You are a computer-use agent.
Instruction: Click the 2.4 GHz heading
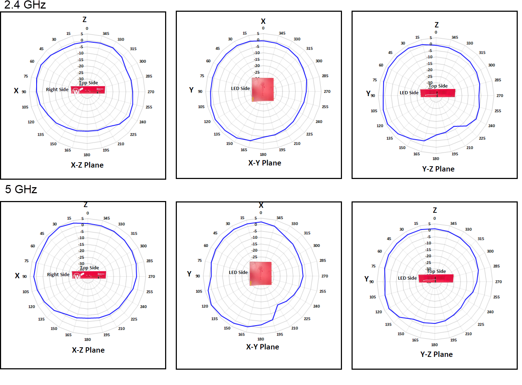pos(25,5)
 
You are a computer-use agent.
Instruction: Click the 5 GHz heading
pos(21,189)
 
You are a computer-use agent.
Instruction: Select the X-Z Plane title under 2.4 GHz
pos(87,165)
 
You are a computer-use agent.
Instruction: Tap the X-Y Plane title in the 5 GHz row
pos(262,347)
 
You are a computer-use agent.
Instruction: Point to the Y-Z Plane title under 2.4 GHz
pos(438,169)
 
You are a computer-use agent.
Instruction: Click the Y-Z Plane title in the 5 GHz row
pos(436,354)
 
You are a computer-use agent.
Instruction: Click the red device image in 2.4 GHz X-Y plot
pos(263,89)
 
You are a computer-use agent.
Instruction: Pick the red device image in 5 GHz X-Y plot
pos(261,273)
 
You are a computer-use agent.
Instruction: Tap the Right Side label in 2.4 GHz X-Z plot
pos(57,90)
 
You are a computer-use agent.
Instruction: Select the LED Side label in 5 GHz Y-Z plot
pos(407,278)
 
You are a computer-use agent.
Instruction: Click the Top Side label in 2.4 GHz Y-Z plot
pos(438,86)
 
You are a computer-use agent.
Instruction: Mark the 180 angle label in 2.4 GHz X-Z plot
pos(87,155)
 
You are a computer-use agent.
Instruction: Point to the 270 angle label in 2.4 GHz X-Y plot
pos(327,92)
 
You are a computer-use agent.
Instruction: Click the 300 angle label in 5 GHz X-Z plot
pos(143,246)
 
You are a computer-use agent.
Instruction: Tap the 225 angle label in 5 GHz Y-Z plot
pos(481,325)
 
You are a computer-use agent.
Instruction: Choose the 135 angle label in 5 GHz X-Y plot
pos(214,319)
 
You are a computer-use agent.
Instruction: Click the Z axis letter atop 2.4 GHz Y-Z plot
pos(436,25)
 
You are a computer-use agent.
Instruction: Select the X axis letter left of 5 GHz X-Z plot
pos(17,276)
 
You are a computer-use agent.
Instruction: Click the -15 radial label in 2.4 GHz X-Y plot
pos(257,59)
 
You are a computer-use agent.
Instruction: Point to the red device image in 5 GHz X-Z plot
pos(89,275)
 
